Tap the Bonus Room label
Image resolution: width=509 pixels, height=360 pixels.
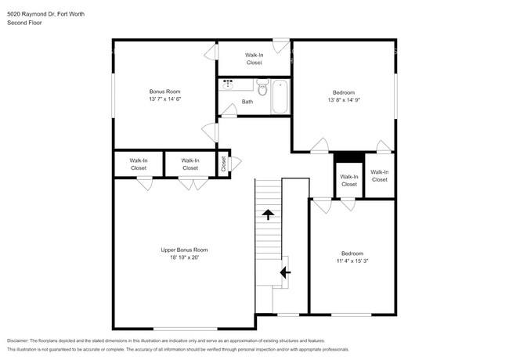[164, 92]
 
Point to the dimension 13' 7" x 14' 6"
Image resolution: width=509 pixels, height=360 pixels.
[164, 100]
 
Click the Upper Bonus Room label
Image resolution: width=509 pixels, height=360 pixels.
[184, 250]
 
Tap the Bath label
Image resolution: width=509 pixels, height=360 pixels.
[247, 102]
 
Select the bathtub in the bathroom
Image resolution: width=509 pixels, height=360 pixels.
[280, 95]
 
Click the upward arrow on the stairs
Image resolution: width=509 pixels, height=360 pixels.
[268, 214]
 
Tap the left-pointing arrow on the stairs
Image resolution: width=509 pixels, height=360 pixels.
[285, 272]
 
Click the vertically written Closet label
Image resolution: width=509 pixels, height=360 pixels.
[223, 164]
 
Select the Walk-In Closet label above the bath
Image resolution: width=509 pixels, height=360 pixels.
[254, 59]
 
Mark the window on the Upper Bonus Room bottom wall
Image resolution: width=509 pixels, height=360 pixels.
[184, 328]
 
